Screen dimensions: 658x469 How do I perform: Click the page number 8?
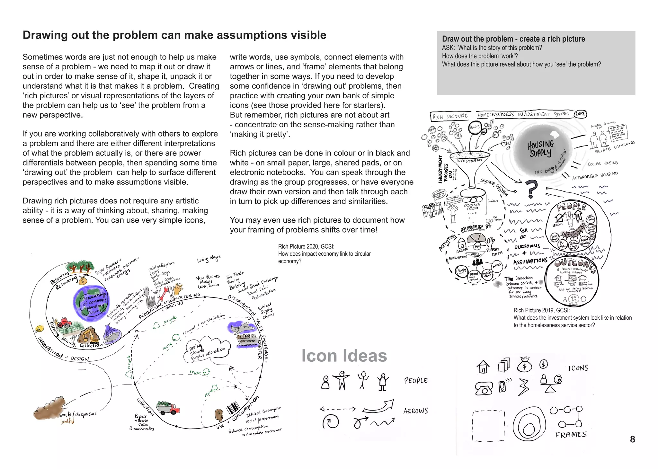coord(632,439)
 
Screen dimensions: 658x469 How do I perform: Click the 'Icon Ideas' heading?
coord(344,356)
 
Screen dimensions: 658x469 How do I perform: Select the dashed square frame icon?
coord(488,426)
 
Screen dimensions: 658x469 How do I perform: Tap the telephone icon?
coord(484,388)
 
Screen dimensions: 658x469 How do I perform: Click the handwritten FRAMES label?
coord(571,435)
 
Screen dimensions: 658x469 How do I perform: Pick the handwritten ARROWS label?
coord(416,411)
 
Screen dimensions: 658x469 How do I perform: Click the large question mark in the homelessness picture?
coord(532,189)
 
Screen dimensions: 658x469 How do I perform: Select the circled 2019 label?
coord(580,114)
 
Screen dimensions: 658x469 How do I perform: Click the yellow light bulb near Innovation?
coord(39,329)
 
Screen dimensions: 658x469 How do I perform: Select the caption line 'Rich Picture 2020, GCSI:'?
coord(306,246)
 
